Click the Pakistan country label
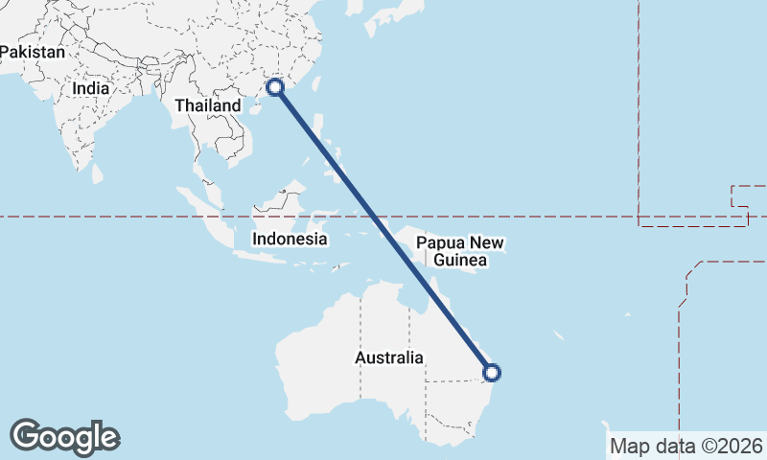33,53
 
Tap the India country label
90,88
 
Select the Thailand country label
208,105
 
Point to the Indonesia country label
290,239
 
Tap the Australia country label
388,357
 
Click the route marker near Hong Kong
275,87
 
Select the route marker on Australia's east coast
491,373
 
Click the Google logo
64,437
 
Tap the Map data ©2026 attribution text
686,446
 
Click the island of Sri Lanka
98,174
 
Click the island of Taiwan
316,79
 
